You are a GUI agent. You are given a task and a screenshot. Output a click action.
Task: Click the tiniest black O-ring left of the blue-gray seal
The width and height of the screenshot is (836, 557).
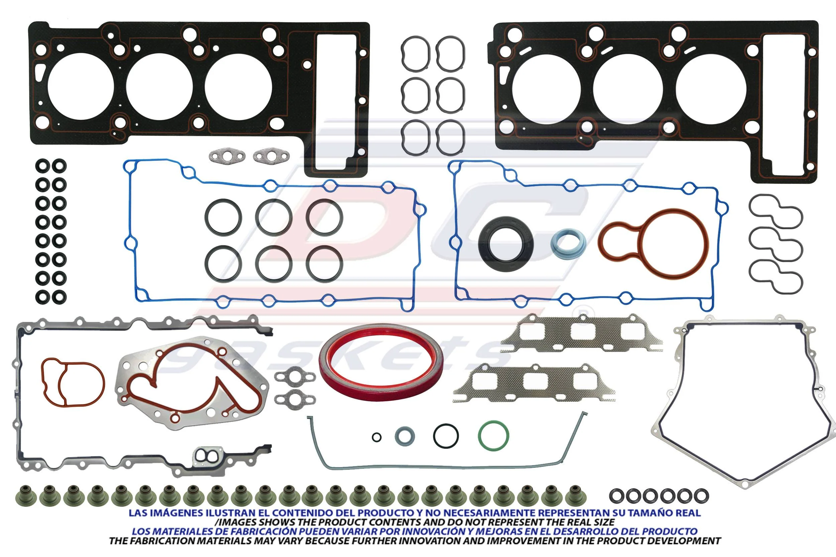click(377, 437)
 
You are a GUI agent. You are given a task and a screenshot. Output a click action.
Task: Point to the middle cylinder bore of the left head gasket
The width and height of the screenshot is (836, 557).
click(159, 87)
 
